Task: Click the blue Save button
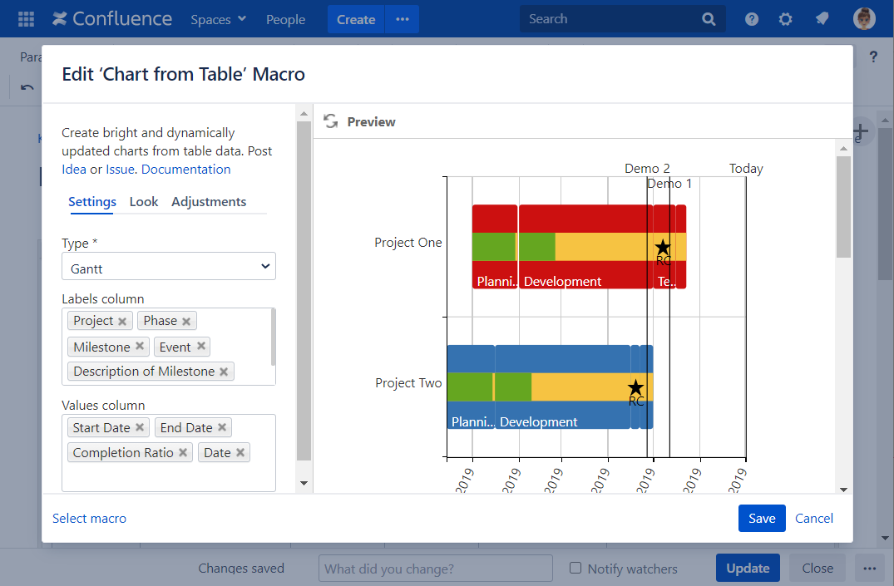pos(761,518)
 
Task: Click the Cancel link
pos(813,518)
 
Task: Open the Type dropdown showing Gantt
pos(169,267)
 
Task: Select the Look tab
pos(144,201)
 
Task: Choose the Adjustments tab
pos(209,201)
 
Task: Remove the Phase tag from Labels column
pos(186,321)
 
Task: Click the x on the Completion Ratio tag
pos(183,453)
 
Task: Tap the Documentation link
pos(186,169)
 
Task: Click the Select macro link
pos(90,518)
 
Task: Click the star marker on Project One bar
pos(663,247)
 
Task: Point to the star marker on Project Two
pos(636,387)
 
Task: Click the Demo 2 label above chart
pos(647,168)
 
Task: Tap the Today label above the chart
pos(746,168)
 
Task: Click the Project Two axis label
pos(408,383)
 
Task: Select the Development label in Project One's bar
pos(562,281)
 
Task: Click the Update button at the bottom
pos(748,569)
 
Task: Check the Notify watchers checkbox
pos(575,569)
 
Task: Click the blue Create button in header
pos(356,19)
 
